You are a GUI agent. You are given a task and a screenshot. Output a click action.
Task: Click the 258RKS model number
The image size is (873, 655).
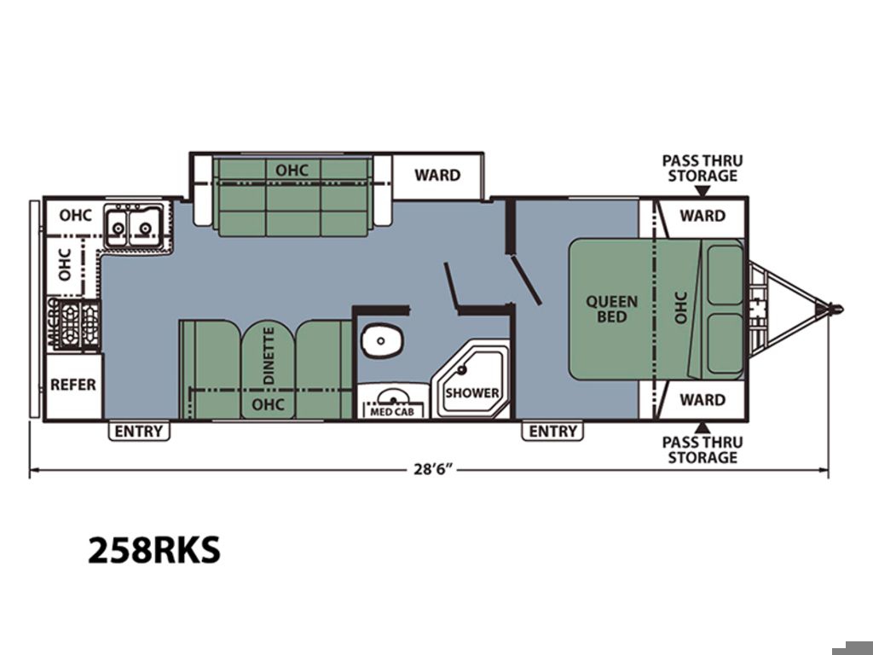pyautogui.click(x=154, y=550)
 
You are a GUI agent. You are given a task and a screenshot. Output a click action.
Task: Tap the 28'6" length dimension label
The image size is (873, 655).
pyautogui.click(x=431, y=469)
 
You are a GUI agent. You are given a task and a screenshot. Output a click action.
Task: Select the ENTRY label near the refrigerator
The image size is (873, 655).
pyautogui.click(x=139, y=431)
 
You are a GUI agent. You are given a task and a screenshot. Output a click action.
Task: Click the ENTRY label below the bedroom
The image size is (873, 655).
pyautogui.click(x=552, y=431)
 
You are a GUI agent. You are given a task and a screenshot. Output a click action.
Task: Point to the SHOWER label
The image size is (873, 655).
pyautogui.click(x=472, y=392)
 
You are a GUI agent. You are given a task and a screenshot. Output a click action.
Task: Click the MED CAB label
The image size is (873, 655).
pyautogui.click(x=392, y=412)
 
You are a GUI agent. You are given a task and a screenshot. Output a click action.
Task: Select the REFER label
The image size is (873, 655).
pyautogui.click(x=73, y=385)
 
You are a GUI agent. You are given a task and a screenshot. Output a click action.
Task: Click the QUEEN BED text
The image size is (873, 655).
pyautogui.click(x=612, y=309)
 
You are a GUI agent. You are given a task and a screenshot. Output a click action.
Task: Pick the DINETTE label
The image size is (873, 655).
pyautogui.click(x=269, y=356)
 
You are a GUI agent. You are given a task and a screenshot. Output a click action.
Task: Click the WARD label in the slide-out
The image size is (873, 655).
pyautogui.click(x=437, y=175)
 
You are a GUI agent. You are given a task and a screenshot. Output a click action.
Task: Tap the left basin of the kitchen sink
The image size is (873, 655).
pyautogui.click(x=117, y=227)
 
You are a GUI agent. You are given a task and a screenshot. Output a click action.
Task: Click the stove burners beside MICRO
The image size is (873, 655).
pyautogui.click(x=78, y=325)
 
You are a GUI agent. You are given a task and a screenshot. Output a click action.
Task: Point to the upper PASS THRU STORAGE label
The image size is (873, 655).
pyautogui.click(x=702, y=168)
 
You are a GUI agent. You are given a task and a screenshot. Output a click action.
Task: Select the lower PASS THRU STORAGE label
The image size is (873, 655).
pyautogui.click(x=702, y=450)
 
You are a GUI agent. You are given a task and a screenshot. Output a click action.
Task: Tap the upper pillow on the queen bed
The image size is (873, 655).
pyautogui.click(x=726, y=275)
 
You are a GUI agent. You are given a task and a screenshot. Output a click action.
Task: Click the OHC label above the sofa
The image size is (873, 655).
pyautogui.click(x=292, y=170)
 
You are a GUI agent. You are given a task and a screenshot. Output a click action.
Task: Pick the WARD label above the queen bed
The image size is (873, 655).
pyautogui.click(x=702, y=216)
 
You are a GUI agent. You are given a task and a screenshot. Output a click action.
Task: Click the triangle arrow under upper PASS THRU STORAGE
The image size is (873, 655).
pyautogui.click(x=703, y=191)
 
